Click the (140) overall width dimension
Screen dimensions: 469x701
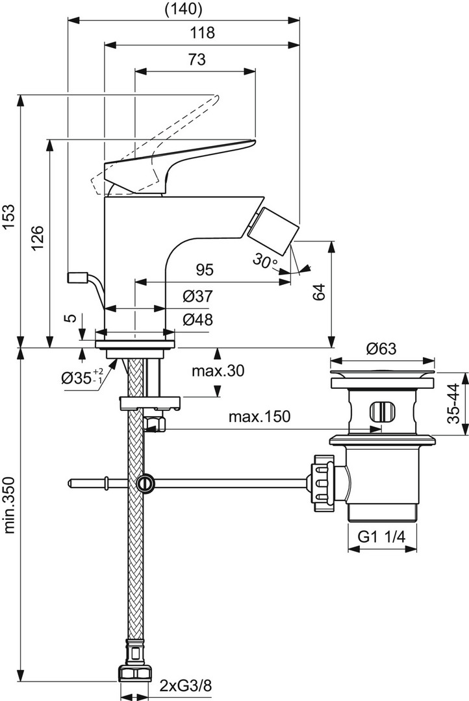183,9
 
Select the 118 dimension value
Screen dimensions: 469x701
202,32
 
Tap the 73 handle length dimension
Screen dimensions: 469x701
196,59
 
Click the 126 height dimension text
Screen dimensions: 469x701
38,238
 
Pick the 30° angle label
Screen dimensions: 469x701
266,261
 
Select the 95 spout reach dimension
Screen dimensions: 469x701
205,269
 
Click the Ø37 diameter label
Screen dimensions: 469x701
198,296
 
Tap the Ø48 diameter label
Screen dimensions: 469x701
198,319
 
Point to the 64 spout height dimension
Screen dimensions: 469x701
319,292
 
